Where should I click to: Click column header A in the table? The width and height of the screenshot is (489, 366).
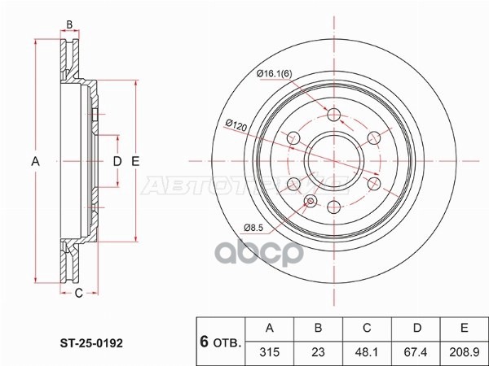[270, 328]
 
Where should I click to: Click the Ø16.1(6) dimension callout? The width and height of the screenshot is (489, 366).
[275, 74]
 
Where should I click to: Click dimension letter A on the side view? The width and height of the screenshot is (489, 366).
[35, 161]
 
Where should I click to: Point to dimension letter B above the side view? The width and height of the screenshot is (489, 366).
[70, 24]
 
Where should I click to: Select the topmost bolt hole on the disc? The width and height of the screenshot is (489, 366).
[333, 115]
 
